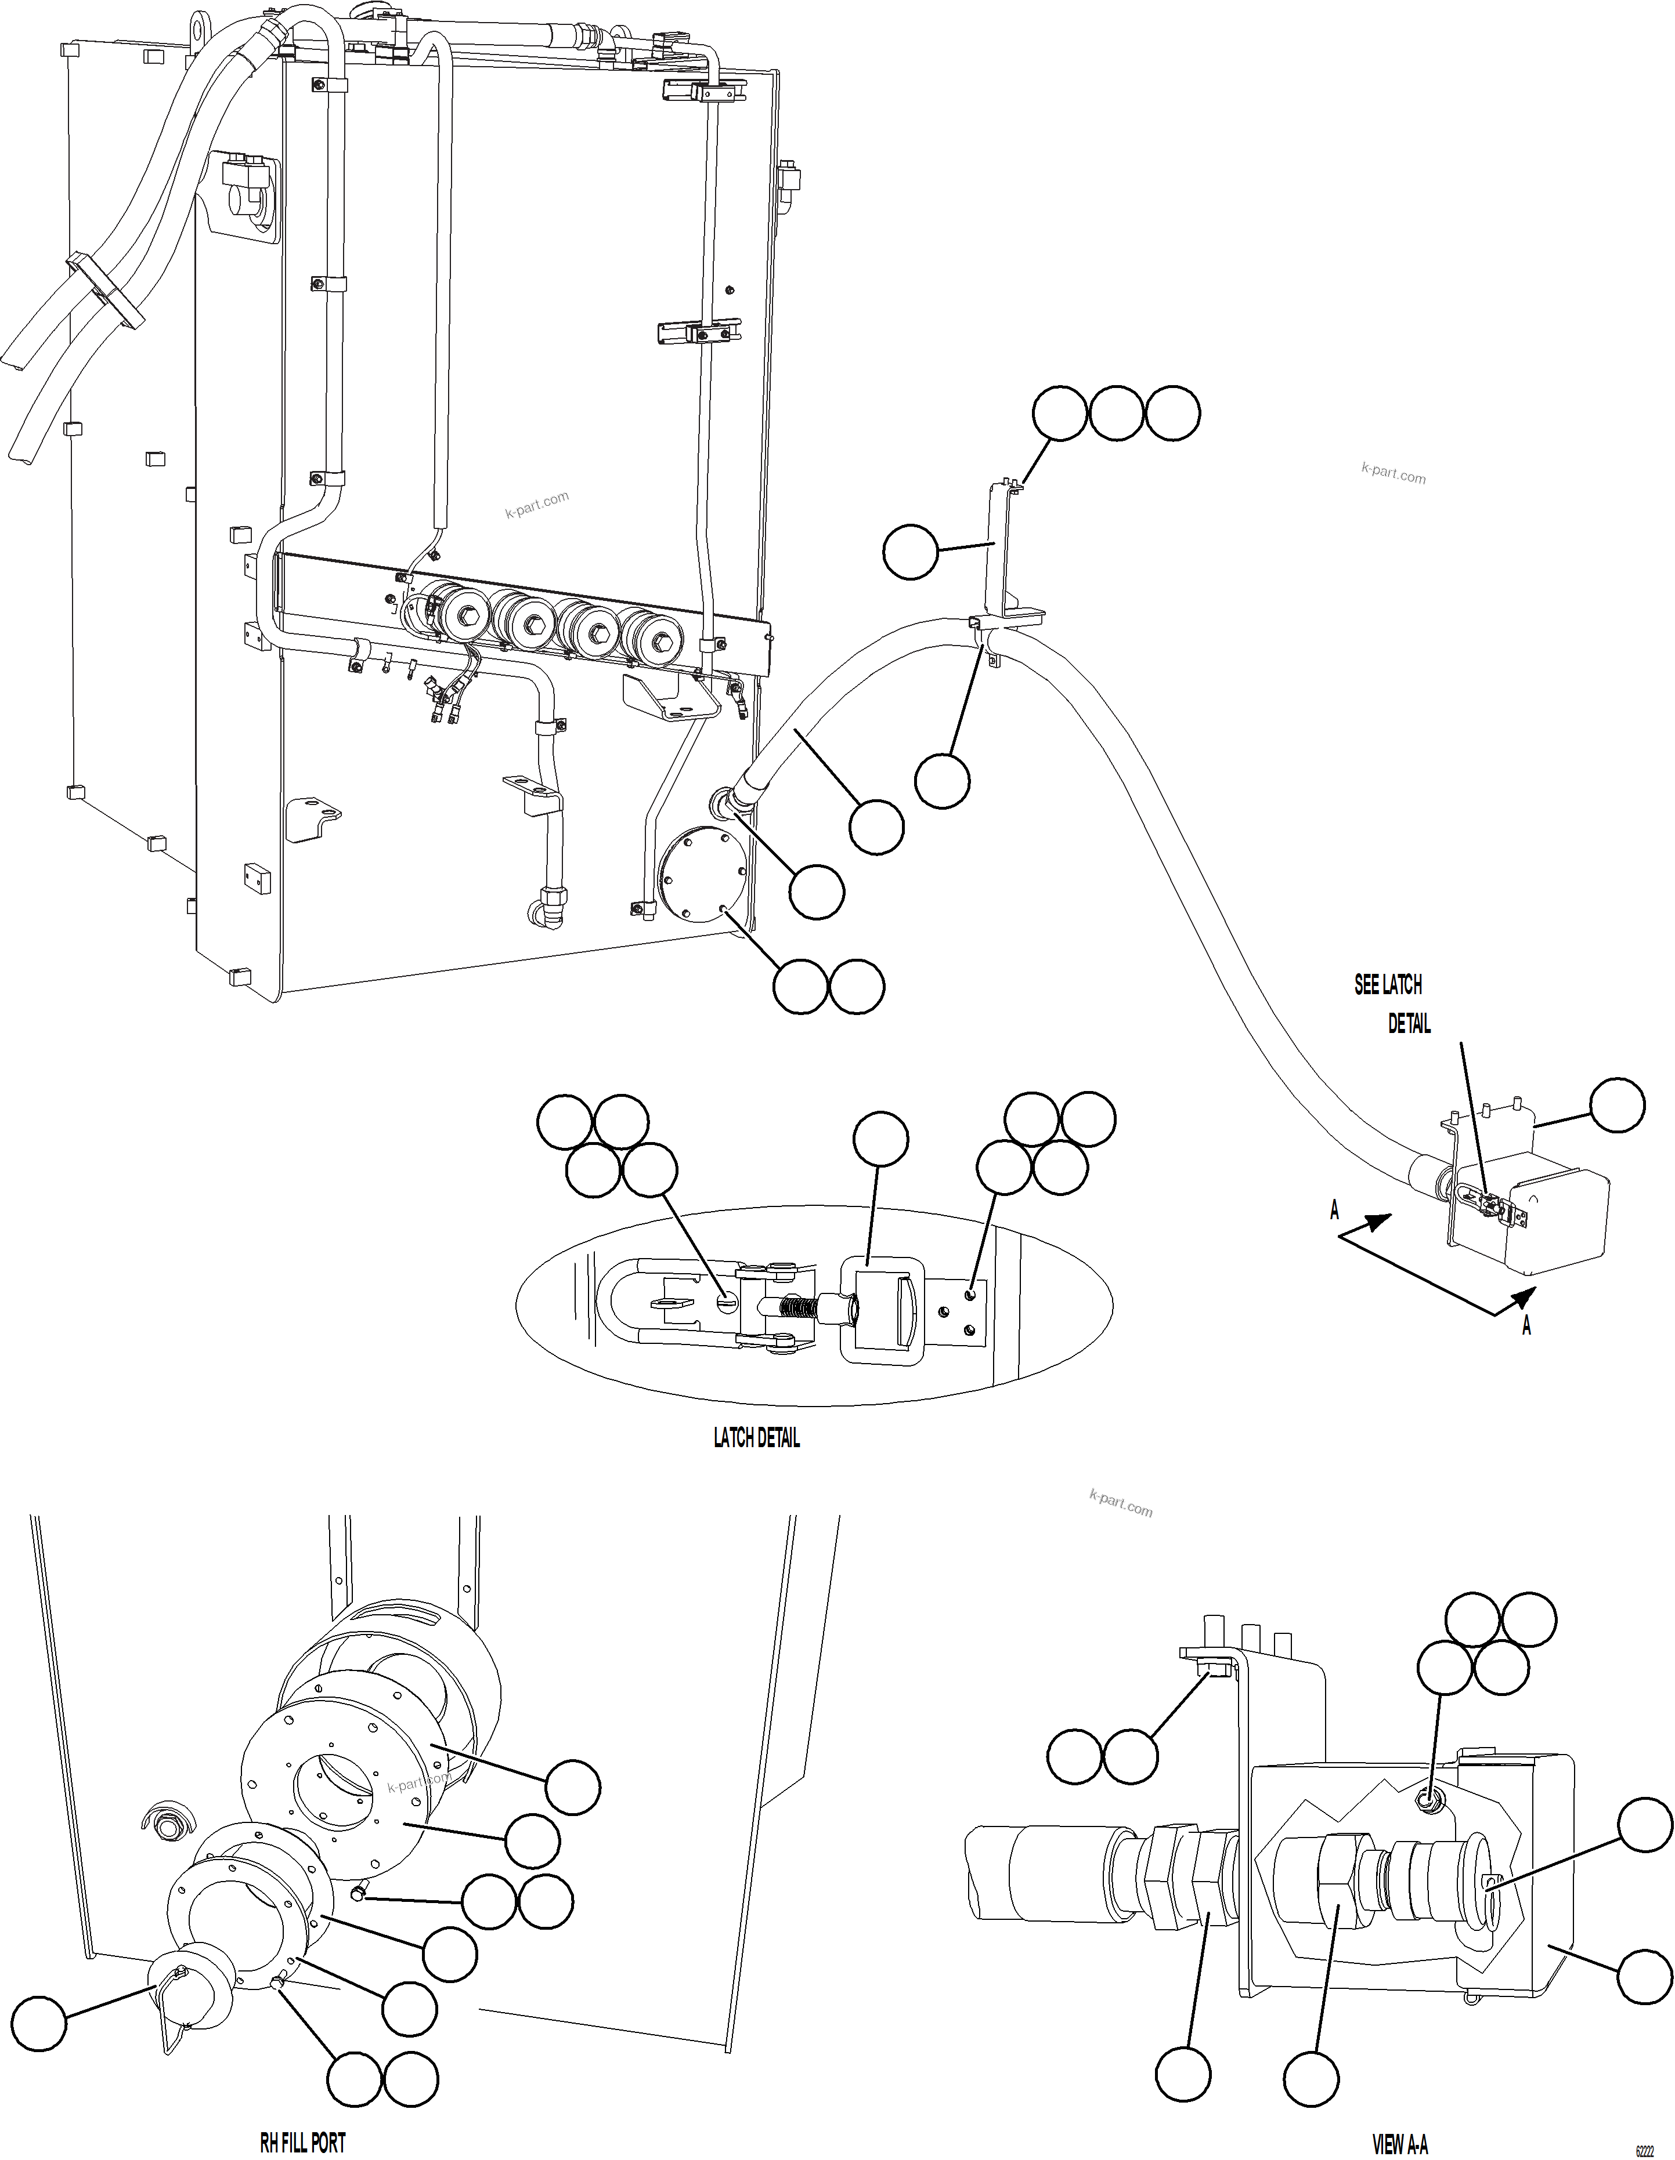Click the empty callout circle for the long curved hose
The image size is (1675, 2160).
(x=876, y=827)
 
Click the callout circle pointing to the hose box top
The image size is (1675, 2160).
(x=1616, y=1106)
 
